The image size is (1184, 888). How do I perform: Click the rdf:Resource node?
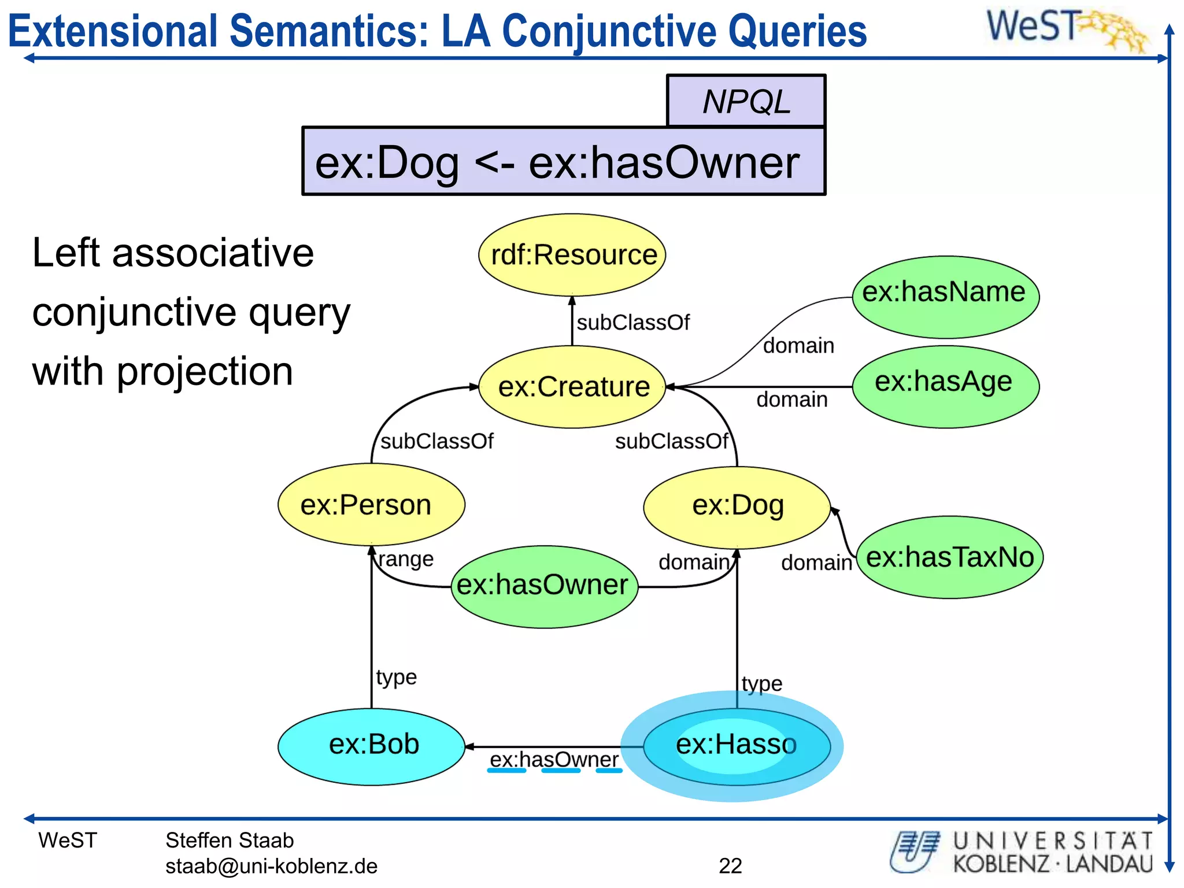[x=572, y=255]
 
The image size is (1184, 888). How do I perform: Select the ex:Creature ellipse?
[x=572, y=387]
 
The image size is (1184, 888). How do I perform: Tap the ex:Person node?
[x=371, y=505]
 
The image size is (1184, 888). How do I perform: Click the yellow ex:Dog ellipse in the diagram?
[x=737, y=506]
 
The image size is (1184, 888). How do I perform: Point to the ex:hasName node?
[x=945, y=296]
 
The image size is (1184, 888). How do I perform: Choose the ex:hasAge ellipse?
[x=945, y=386]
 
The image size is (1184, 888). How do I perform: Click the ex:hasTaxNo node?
[x=949, y=557]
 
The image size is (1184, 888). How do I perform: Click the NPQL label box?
[x=746, y=102]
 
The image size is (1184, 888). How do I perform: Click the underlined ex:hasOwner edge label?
[x=554, y=760]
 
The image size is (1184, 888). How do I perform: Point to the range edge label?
[x=406, y=559]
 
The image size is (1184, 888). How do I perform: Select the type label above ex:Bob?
[x=396, y=676]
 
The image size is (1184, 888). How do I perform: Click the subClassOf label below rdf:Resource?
[x=633, y=323]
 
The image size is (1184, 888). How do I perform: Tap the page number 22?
[x=730, y=865]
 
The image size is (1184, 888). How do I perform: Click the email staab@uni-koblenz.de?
[x=271, y=866]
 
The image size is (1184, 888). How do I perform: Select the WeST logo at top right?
[x=1067, y=29]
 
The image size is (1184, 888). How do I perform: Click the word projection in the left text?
[x=205, y=371]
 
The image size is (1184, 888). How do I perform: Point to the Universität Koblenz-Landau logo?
[x=1020, y=852]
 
